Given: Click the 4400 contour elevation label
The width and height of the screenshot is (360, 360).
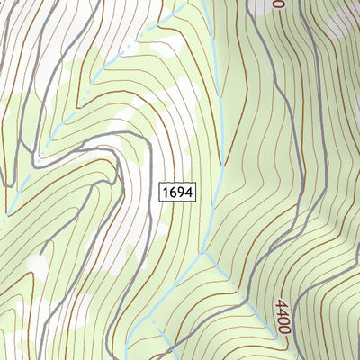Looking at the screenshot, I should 282,317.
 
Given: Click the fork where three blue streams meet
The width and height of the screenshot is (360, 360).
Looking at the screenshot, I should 204,251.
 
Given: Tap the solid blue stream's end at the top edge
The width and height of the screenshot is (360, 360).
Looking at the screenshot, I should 203,3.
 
